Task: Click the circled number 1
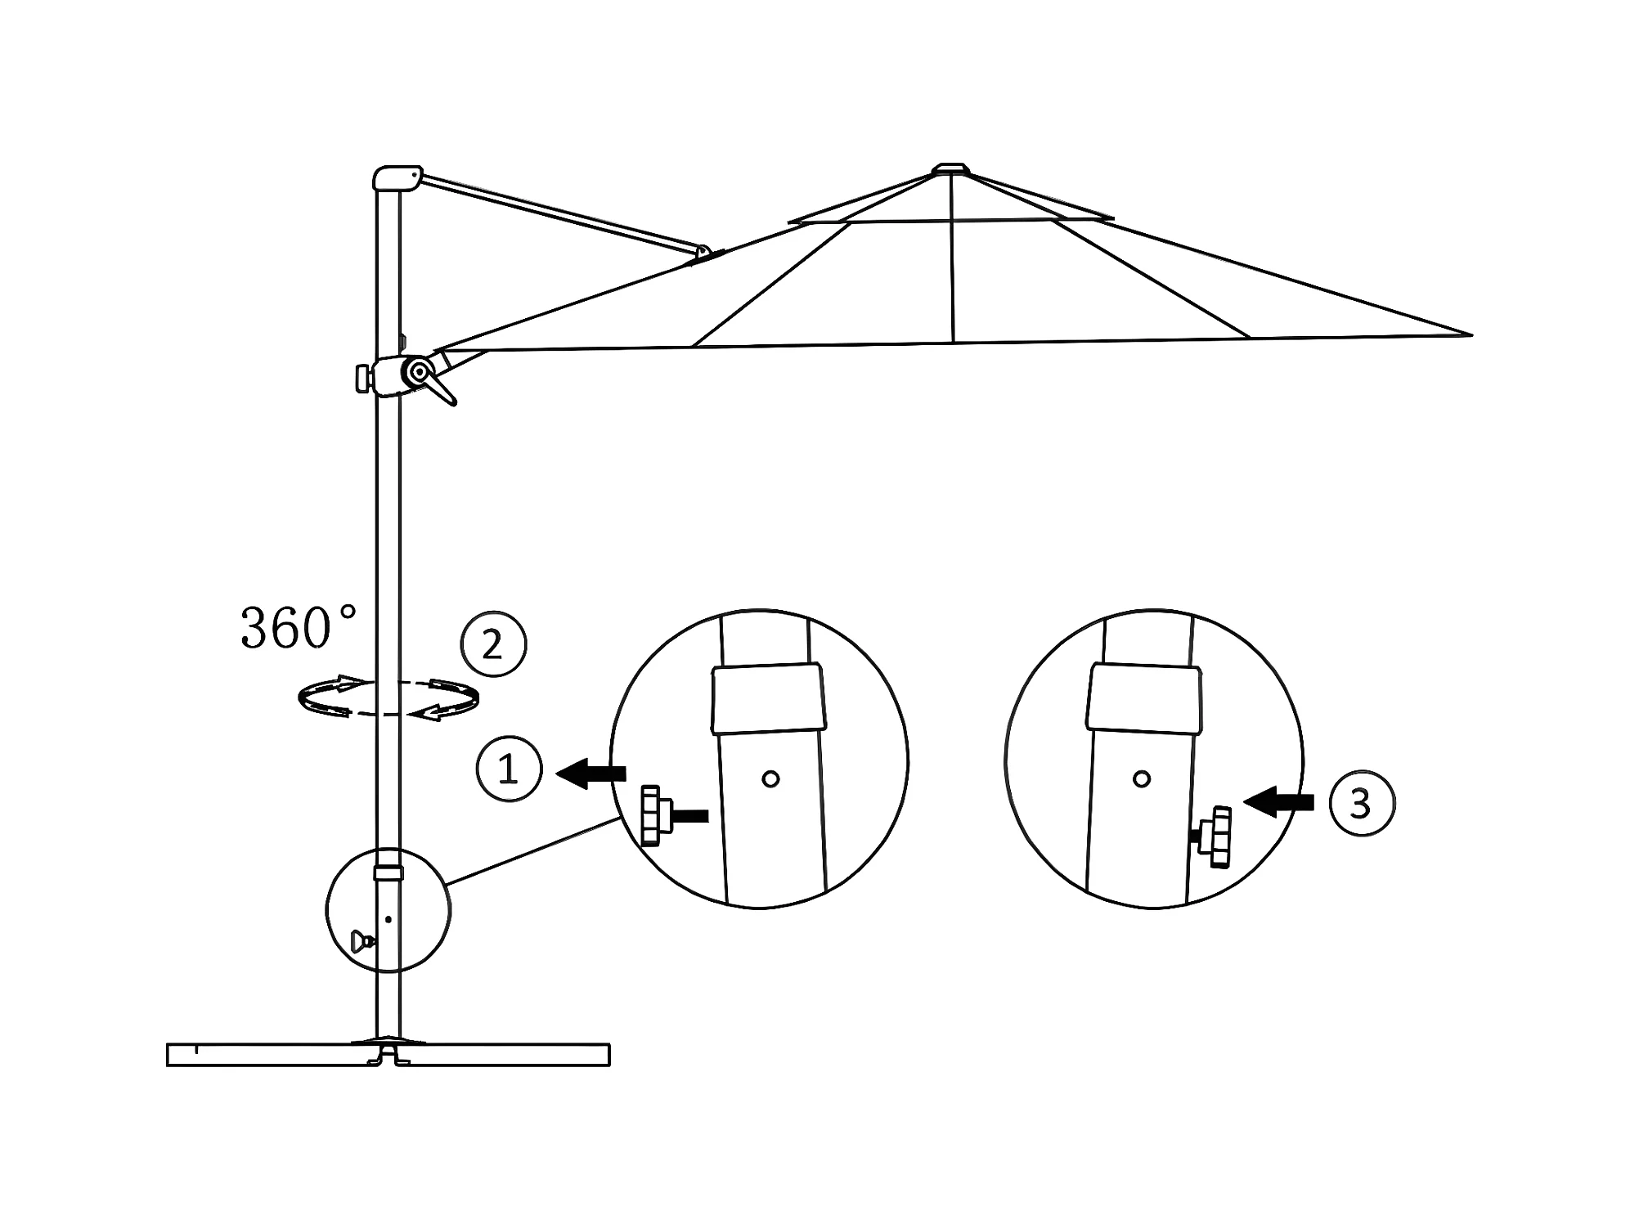tap(509, 769)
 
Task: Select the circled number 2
tap(493, 645)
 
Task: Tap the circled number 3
tap(1362, 803)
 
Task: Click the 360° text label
tap(299, 628)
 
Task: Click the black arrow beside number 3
tap(1278, 802)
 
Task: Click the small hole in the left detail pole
tap(770, 778)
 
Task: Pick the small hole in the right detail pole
tap(1142, 778)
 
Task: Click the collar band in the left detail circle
tap(767, 697)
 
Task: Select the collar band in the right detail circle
tap(1145, 697)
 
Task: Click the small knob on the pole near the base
tap(360, 941)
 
